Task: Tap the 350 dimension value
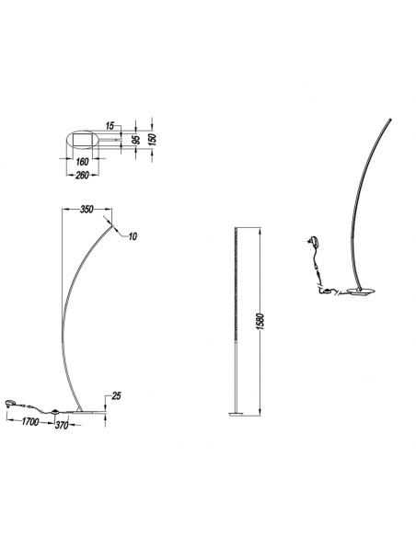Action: pos(87,210)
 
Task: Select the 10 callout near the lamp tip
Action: pos(132,236)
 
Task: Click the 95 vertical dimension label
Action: pos(137,141)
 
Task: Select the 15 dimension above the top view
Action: pos(110,123)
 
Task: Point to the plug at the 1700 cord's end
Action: pos(11,402)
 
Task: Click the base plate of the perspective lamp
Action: pos(355,294)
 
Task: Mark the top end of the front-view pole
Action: pos(237,223)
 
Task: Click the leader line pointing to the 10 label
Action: pos(120,228)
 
